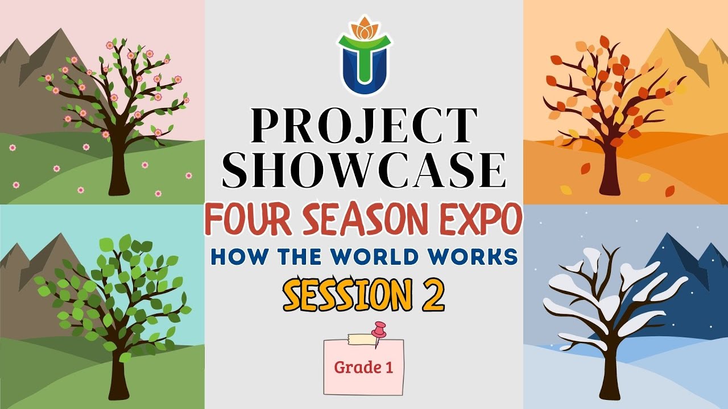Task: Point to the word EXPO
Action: (x=479, y=220)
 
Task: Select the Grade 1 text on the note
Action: (x=363, y=368)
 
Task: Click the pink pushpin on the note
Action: (x=378, y=332)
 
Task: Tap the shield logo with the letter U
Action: (x=364, y=65)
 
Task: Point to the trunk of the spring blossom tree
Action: (x=118, y=170)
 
